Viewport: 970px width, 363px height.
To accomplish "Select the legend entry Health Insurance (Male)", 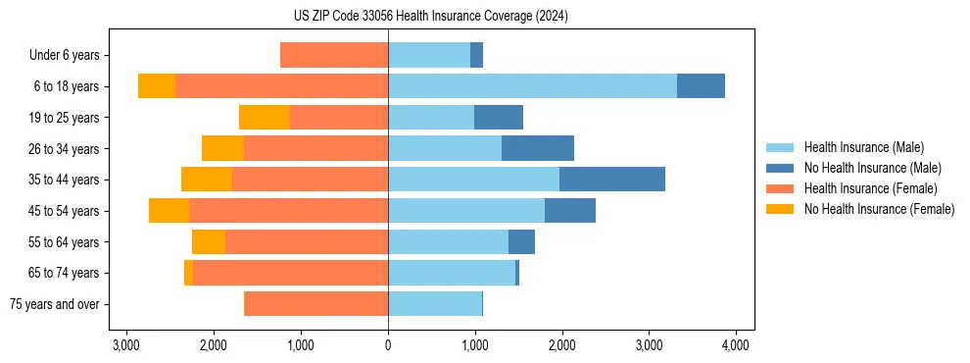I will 863,147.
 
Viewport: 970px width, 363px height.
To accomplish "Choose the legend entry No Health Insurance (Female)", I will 879,209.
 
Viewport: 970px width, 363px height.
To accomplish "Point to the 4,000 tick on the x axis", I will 736,344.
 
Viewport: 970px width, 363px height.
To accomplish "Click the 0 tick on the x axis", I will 388,344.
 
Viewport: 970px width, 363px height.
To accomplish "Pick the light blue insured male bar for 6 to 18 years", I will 532,86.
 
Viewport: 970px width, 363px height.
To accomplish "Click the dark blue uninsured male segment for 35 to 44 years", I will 612,180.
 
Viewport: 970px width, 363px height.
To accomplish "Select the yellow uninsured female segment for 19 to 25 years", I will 265,118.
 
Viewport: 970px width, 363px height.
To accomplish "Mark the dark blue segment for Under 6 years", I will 476,55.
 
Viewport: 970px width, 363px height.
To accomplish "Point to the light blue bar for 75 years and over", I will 435,304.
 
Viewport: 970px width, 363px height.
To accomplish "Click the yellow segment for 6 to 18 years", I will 157,86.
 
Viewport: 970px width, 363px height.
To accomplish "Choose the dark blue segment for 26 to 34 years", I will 538,148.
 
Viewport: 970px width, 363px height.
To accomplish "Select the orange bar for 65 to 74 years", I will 290,273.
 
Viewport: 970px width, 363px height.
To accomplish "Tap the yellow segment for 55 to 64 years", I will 209,242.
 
